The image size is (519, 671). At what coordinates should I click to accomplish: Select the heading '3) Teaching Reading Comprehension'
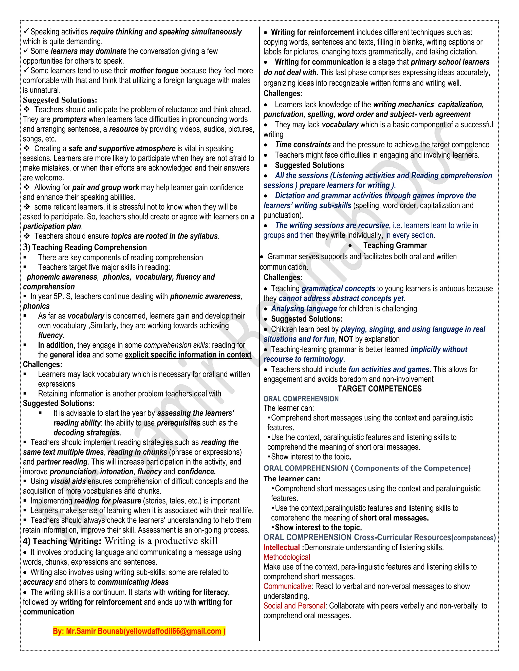coord(85,247)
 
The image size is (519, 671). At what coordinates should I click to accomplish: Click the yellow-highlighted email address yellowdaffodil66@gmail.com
coord(173,631)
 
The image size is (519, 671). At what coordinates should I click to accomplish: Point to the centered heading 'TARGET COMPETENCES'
coord(379,389)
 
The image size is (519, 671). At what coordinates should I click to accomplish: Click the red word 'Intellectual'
coord(281,547)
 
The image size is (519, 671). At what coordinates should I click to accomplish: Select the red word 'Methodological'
coord(287,557)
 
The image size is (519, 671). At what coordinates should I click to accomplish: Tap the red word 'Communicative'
coord(287,586)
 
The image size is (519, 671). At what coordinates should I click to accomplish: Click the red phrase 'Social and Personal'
coord(294,606)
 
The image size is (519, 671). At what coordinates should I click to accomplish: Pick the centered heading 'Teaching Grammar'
coord(395,245)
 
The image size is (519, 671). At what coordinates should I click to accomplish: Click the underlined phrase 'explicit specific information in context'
coord(188,355)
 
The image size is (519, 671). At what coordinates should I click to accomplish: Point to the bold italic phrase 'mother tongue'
coord(154,71)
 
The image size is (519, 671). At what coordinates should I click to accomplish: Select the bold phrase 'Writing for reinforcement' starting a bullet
coord(312,32)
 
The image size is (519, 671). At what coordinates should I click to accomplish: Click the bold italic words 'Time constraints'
coord(303,145)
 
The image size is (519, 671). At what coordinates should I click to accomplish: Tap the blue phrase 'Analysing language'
coord(304,309)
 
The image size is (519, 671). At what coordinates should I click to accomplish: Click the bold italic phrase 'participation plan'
coord(52,226)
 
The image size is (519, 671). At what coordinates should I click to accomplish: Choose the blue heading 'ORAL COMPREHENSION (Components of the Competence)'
coord(367,468)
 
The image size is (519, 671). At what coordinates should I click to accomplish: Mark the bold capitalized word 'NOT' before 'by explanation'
coord(346,339)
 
